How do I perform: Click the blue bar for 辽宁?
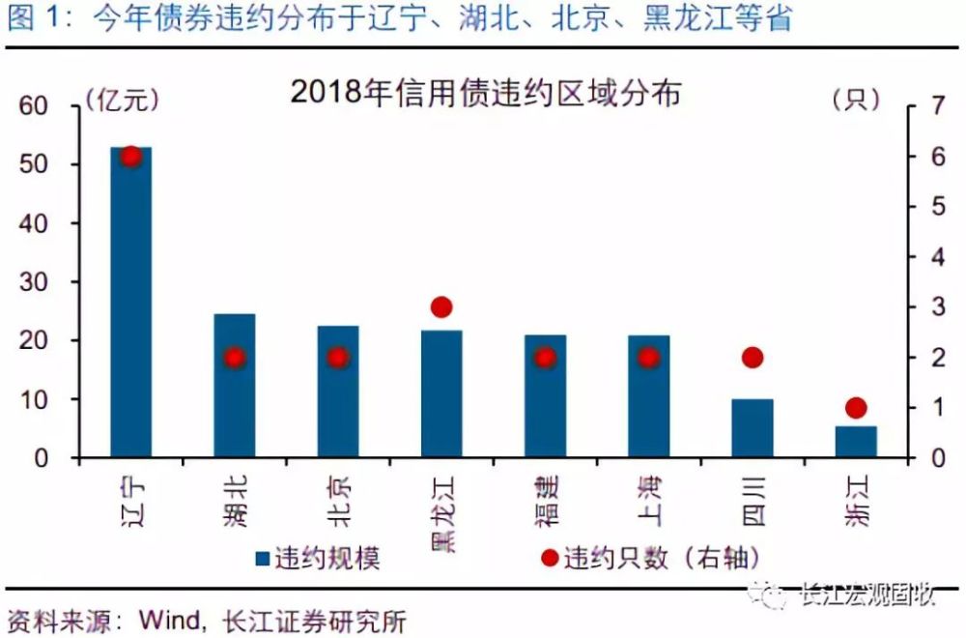coord(130,302)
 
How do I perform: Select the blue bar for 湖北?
coord(234,386)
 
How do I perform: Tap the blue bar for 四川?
coord(753,428)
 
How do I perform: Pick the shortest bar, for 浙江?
coord(856,442)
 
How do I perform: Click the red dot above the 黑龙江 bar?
coord(441,307)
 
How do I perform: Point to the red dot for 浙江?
coord(856,408)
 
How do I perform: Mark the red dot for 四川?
coord(753,357)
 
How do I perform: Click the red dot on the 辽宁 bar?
coord(130,157)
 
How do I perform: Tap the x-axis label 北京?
coord(338,501)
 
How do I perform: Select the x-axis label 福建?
coord(545,501)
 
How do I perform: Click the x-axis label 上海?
coord(649,501)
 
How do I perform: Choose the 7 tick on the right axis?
coord(938,106)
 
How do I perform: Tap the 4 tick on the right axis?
coord(938,257)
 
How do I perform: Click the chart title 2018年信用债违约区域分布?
coord(486,93)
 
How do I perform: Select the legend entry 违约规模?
coord(318,558)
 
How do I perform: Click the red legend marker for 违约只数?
coord(550,558)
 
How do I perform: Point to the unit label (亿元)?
coord(122,100)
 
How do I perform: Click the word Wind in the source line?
coord(169,621)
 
